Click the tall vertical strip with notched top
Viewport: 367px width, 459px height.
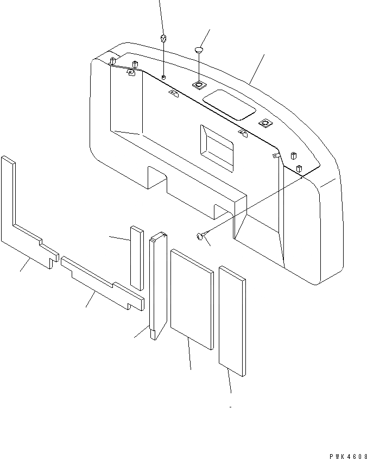157,285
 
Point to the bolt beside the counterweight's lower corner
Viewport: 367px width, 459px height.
200,236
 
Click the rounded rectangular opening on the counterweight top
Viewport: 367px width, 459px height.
229,104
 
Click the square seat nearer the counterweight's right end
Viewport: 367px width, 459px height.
264,123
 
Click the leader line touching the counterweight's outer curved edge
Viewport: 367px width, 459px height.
257,68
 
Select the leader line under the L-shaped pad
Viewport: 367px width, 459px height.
25,266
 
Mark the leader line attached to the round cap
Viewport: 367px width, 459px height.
205,38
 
